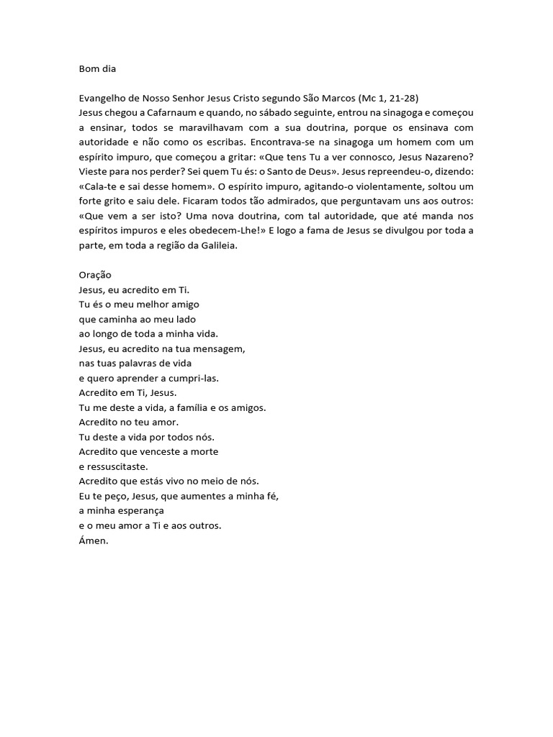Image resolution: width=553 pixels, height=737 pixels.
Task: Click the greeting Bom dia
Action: (x=96, y=70)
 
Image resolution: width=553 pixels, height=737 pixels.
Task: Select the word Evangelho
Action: (x=102, y=98)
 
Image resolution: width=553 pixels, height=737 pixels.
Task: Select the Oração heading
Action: (x=95, y=275)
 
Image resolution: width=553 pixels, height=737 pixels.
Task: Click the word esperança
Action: (x=140, y=510)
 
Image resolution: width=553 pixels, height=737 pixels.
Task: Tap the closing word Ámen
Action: (x=93, y=540)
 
